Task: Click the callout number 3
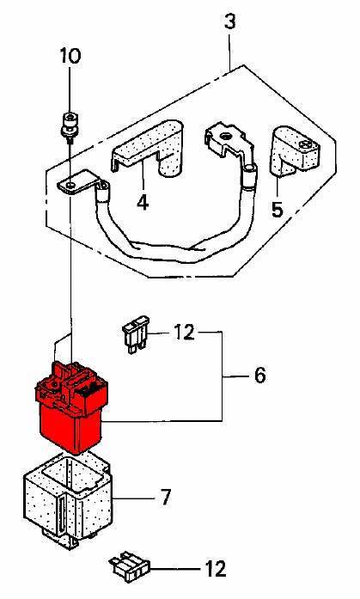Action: coord(229,21)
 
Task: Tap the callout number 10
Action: coord(70,56)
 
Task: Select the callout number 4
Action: coord(143,202)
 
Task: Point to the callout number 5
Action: coord(278,210)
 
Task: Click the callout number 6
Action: coord(259,376)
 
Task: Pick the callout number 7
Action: coord(165,498)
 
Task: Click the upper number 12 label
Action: coord(184,333)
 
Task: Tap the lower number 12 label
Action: coord(216,569)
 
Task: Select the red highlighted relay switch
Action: coord(71,406)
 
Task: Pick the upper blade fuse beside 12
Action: coord(136,333)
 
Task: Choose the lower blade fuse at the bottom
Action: coord(130,565)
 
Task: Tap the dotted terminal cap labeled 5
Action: coord(295,151)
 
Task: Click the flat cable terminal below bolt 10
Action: coord(76,184)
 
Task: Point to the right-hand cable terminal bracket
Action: coord(229,144)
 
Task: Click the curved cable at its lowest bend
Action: coord(168,254)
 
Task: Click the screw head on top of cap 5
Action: coord(306,144)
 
